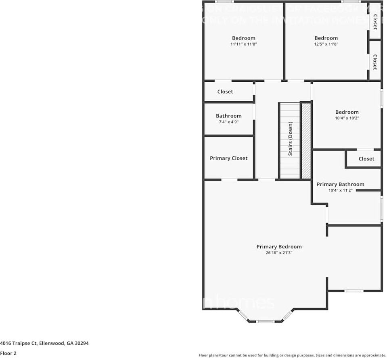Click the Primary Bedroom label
click(279, 247)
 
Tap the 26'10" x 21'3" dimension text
click(279, 253)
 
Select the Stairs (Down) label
click(291, 139)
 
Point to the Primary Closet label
click(228, 158)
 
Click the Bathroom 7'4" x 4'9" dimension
click(228, 122)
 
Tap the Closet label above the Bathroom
click(225, 92)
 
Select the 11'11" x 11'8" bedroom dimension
click(243, 44)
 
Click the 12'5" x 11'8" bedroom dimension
click(326, 44)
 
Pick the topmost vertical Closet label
click(375, 22)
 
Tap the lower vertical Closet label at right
click(375, 62)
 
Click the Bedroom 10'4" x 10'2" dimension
click(347, 118)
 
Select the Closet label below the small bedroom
click(366, 159)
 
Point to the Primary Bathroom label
click(340, 184)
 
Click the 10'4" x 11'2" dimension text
click(340, 190)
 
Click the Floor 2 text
click(8, 353)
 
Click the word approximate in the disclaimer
click(373, 355)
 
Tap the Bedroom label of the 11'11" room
click(243, 38)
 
